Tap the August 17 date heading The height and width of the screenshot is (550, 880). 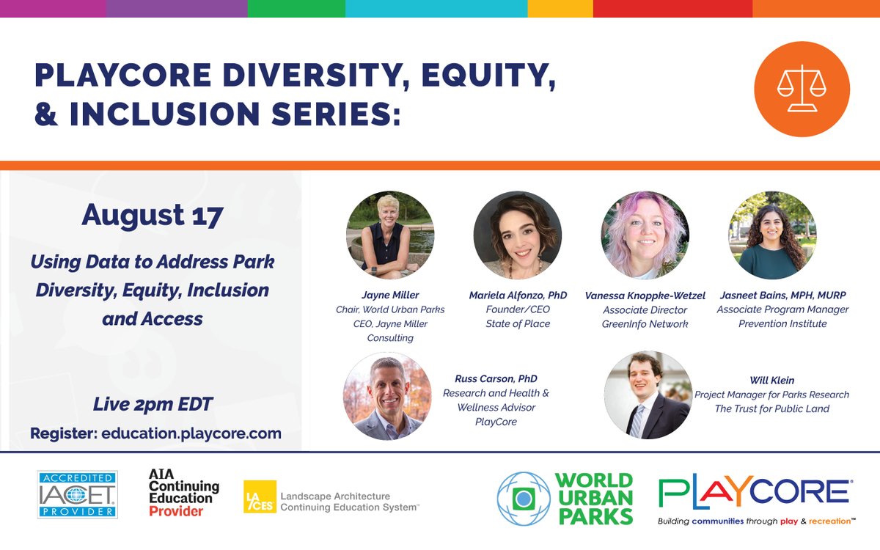pos(153,216)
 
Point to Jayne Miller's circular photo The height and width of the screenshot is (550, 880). pos(390,235)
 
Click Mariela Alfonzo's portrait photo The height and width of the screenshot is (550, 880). pos(518,235)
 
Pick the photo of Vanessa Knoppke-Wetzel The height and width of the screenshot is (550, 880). pos(645,235)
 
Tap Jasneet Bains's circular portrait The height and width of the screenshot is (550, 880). pos(772,235)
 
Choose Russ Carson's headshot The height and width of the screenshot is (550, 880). pos(387,396)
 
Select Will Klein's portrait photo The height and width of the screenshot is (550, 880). pos(648,395)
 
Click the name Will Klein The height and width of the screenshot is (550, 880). pos(771,381)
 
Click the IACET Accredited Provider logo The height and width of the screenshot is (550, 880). pos(77,495)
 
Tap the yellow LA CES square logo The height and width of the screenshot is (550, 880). pos(260,497)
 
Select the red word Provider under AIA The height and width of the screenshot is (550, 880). pos(175,511)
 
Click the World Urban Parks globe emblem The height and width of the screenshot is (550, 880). pos(523,499)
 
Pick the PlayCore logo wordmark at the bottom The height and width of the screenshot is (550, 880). pos(754,493)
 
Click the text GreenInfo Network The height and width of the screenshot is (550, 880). pos(645,323)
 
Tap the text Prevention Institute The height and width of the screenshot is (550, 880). pos(782,323)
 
